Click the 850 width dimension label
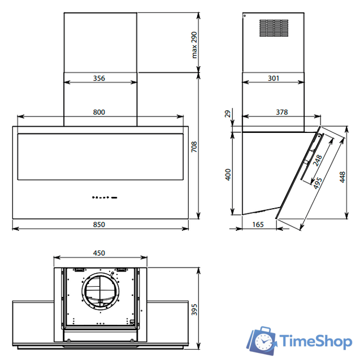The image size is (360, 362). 99,225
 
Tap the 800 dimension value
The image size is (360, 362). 99,112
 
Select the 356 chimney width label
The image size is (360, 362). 99,78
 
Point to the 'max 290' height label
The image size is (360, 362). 194,45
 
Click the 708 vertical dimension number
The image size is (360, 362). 194,147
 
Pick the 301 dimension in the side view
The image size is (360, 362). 274,78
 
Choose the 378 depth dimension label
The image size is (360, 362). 282,112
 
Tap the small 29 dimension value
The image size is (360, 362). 228,114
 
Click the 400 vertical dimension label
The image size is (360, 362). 228,175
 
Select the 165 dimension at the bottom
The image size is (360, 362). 258,225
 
